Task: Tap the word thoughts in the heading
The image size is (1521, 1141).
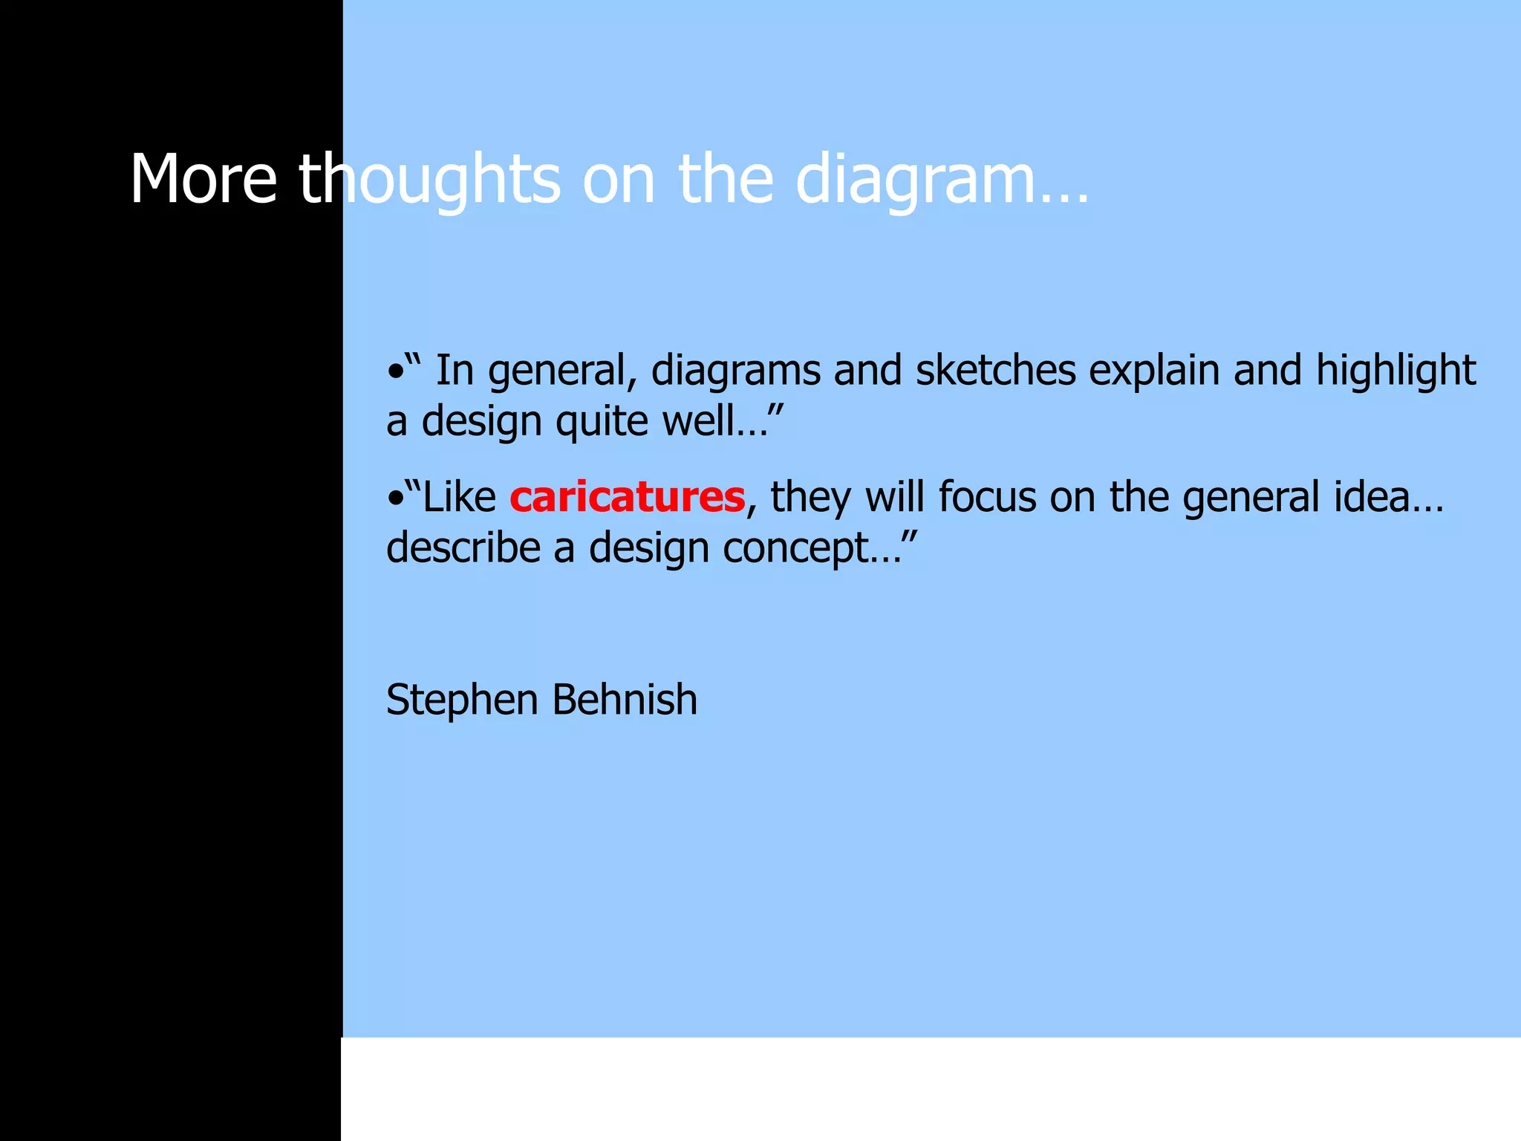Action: [x=429, y=181]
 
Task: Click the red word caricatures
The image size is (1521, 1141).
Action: [x=627, y=497]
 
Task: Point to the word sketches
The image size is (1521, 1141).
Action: [x=995, y=370]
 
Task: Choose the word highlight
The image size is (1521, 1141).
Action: [x=1395, y=371]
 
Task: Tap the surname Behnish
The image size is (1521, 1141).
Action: [x=625, y=700]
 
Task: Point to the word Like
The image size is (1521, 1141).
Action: [x=458, y=497]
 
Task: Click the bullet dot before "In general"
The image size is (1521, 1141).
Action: [x=394, y=371]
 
